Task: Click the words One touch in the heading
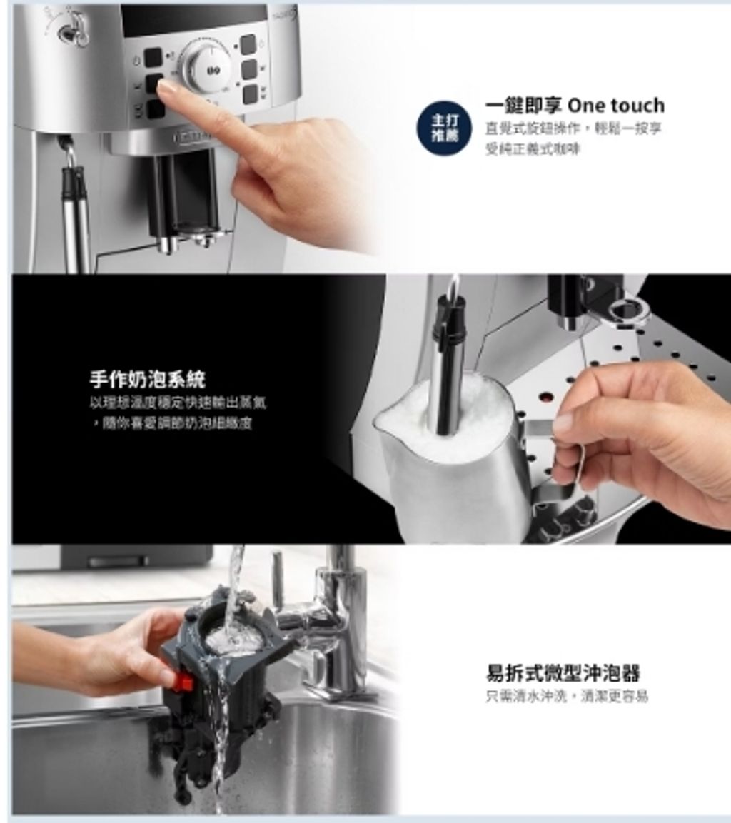[x=616, y=106]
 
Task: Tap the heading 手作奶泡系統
[x=147, y=378]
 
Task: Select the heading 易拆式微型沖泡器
[x=563, y=672]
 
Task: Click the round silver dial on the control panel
[x=210, y=66]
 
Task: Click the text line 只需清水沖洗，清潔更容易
[x=567, y=696]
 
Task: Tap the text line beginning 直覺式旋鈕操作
[x=573, y=128]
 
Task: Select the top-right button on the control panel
[x=248, y=44]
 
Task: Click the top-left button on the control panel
[x=153, y=57]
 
